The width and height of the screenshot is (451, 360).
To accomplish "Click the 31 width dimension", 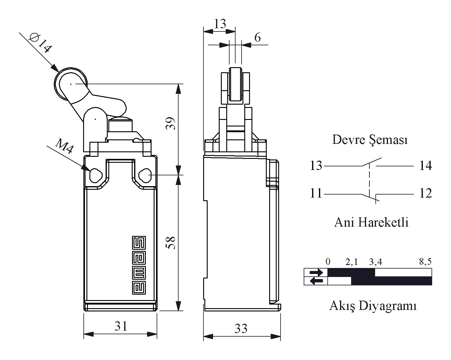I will pyautogui.click(x=121, y=326).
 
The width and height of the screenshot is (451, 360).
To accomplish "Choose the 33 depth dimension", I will pyautogui.click(x=241, y=329).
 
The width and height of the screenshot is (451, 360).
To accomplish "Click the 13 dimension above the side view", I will pyautogui.click(x=220, y=24).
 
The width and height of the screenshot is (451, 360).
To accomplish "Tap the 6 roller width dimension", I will pyautogui.click(x=257, y=38).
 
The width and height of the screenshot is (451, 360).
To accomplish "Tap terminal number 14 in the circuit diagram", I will pyautogui.click(x=425, y=165).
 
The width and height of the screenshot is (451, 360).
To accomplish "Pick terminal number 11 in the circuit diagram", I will pyautogui.click(x=316, y=193).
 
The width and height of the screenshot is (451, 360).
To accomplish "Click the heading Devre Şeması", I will pyautogui.click(x=370, y=140).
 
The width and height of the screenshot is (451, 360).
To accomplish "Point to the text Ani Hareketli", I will pyautogui.click(x=371, y=222).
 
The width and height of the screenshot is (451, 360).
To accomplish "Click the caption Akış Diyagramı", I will pyautogui.click(x=373, y=306).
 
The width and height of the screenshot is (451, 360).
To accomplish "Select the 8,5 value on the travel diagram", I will pyautogui.click(x=425, y=262).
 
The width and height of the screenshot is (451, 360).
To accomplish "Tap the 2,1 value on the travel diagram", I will pyautogui.click(x=352, y=262).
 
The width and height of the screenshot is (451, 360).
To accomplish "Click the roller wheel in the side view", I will pyautogui.click(x=235, y=85).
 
